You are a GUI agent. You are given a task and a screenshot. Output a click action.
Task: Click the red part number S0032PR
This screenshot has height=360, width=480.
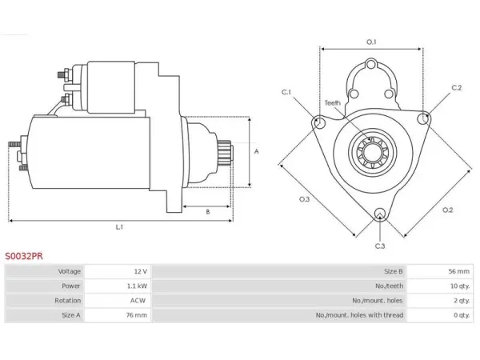(24, 256)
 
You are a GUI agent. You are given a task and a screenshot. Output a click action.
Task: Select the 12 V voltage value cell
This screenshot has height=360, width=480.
(141, 271)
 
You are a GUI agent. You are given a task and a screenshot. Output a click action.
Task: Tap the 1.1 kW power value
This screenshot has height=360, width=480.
(137, 286)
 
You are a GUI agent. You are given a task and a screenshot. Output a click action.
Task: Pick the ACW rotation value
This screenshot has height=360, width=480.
(138, 301)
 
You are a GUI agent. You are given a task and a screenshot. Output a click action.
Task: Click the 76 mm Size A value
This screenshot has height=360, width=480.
(137, 315)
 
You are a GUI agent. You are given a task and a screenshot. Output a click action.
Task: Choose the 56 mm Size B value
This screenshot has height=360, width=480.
(459, 271)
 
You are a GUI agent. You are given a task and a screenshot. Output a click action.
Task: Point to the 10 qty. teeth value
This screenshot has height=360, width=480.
(460, 286)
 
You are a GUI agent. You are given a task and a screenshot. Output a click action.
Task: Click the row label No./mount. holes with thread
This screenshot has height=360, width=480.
(359, 315)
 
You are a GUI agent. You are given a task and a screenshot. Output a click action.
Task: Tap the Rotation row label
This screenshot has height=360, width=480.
(68, 301)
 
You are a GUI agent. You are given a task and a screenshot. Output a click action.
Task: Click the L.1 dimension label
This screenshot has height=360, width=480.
(119, 227)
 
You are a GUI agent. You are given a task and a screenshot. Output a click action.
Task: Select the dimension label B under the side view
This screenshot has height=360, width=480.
(208, 212)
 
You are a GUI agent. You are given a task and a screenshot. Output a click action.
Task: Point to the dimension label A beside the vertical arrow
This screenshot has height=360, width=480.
(257, 151)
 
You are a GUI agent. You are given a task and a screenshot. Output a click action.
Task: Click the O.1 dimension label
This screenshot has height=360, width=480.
(371, 42)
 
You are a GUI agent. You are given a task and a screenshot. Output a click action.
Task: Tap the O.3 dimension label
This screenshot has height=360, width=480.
(304, 199)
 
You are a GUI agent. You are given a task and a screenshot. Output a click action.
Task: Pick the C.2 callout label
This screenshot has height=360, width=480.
(457, 88)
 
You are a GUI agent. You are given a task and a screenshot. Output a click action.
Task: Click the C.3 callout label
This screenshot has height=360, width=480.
(380, 246)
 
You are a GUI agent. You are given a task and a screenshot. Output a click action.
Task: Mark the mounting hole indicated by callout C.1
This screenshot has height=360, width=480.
(319, 122)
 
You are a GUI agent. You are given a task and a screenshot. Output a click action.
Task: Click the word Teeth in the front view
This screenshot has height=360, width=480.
(333, 103)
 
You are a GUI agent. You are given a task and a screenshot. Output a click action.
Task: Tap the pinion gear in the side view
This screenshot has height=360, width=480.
(224, 153)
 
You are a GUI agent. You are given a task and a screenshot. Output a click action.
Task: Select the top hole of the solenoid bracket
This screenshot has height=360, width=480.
(371, 65)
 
